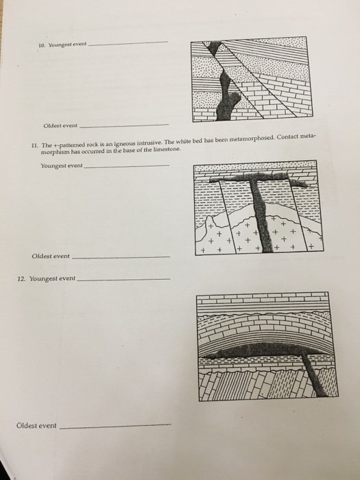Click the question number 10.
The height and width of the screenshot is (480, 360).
tap(42, 46)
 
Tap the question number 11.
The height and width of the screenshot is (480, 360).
tap(34, 145)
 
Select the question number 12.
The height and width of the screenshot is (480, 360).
tap(21, 279)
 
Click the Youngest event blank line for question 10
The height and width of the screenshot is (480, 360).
tap(128, 43)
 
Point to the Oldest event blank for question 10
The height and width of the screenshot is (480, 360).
tap(124, 125)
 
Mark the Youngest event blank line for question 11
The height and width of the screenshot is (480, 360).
tap(126, 166)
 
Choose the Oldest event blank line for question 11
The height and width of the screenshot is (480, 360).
tap(121, 257)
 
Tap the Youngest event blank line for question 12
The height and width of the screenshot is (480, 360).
tap(123, 280)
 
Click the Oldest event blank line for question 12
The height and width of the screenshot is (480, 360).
tap(115, 426)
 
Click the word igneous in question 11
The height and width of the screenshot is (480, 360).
tap(125, 143)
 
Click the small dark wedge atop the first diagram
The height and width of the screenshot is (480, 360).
tap(214, 47)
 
